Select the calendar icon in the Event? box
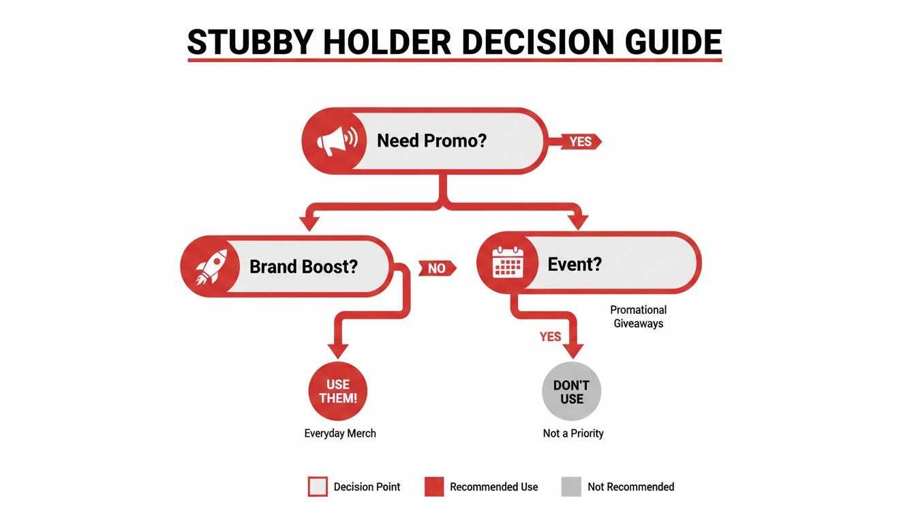508,263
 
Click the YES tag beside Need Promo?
580,141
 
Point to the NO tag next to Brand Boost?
437,268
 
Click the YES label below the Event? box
550,336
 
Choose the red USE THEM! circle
338,392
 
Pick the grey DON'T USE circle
572,392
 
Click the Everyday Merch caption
340,433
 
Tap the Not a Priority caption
573,433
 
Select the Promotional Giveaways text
638,317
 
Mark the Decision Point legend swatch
318,486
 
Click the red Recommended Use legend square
434,486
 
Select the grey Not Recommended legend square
571,486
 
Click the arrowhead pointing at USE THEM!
338,350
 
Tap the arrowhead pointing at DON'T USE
572,350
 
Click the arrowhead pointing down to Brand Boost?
310,222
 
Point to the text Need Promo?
431,141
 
